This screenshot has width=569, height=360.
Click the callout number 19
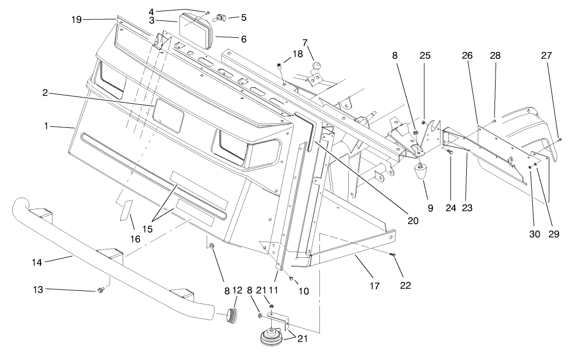77,19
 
